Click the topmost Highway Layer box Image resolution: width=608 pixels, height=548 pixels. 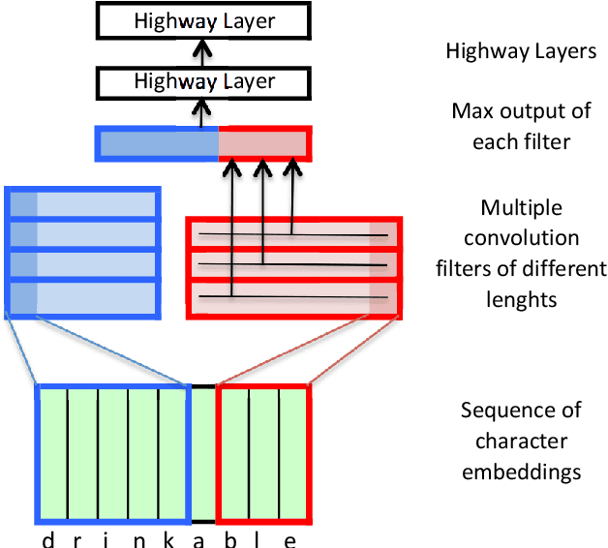[x=204, y=20]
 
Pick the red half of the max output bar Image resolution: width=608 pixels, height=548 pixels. [x=263, y=144]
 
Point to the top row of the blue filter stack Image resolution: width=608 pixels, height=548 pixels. [x=82, y=203]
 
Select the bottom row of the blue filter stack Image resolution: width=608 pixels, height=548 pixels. [x=82, y=298]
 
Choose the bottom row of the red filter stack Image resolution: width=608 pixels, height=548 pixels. [x=293, y=294]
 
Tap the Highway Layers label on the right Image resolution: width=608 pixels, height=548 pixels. [x=521, y=51]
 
